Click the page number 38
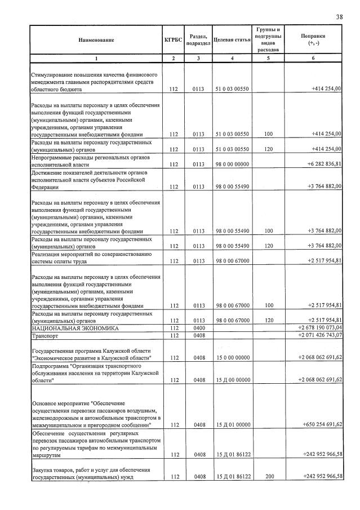[x=339, y=17]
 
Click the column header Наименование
[x=96, y=40]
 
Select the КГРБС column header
[x=173, y=40]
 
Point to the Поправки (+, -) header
[x=313, y=39]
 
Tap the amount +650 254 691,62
[x=322, y=424]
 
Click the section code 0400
[x=199, y=327]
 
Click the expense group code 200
[x=269, y=477]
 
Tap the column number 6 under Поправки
[x=313, y=59]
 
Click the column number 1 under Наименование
[x=96, y=59]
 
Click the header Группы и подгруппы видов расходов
[x=269, y=39]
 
